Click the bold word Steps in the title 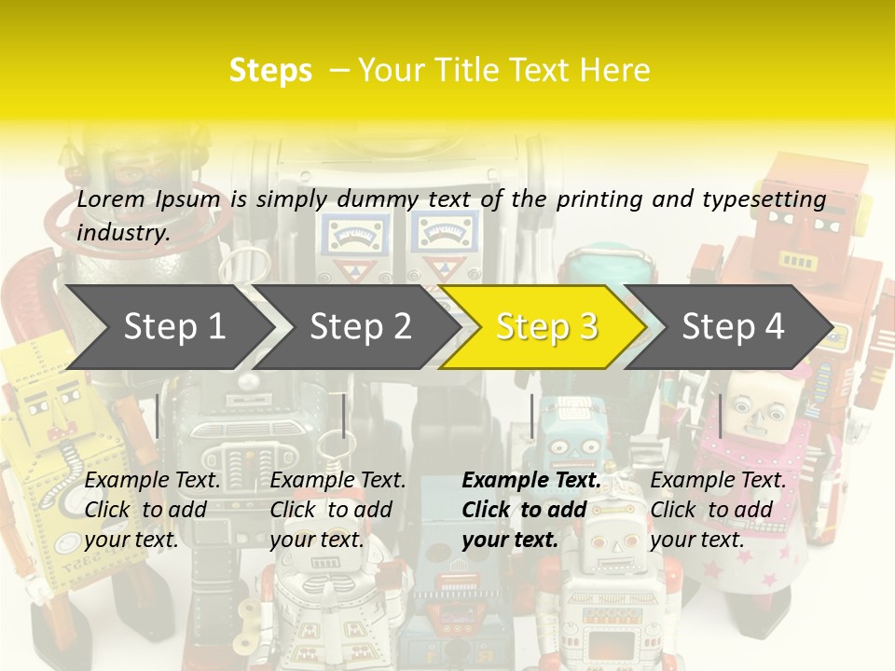(270, 71)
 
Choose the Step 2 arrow (360, 326)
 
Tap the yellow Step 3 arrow (546, 326)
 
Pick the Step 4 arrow (733, 326)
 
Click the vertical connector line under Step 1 (158, 416)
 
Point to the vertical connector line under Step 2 (344, 416)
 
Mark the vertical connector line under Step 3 (532, 416)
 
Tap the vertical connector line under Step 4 (721, 416)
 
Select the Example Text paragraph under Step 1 (152, 510)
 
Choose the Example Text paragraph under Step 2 (337, 510)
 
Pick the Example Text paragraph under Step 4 (718, 510)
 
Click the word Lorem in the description (111, 199)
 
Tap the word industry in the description (122, 233)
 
